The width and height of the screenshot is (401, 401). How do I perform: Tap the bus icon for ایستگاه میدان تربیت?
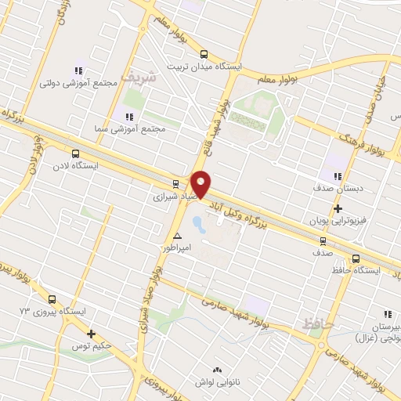click(x=204, y=54)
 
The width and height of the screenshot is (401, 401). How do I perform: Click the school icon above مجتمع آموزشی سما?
click(x=129, y=117)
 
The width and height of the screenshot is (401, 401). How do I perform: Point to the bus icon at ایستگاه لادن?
click(x=75, y=154)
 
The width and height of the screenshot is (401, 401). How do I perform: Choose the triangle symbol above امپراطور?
click(x=178, y=235)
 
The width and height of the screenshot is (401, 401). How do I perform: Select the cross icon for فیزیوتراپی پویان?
click(x=338, y=209)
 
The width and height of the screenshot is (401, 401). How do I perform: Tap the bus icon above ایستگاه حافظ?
click(x=356, y=258)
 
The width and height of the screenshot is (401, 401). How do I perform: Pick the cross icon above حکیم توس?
click(x=92, y=334)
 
